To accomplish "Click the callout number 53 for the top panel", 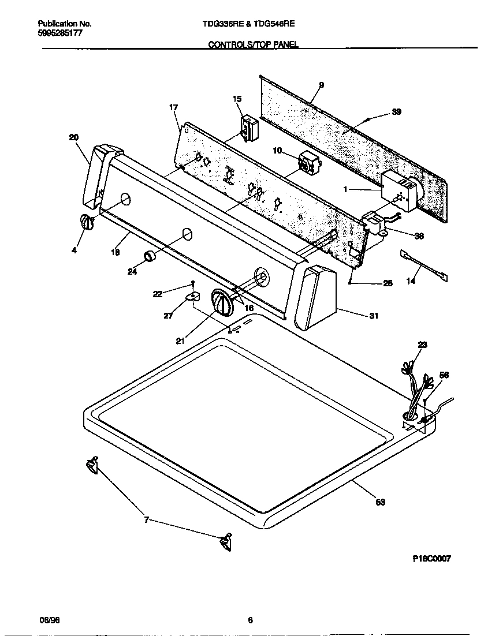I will (380, 502).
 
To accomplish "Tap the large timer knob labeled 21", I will (222, 302).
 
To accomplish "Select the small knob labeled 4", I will (87, 223).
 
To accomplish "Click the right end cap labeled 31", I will (315, 297).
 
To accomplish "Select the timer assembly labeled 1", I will (400, 190).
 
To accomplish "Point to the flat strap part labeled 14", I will (423, 266).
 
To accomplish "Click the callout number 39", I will (396, 113).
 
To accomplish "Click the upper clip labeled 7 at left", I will (92, 465).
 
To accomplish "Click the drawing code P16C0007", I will (431, 559).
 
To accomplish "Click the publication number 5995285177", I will (60, 33).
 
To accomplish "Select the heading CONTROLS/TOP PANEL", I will (253, 44).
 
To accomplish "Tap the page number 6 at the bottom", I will (249, 620).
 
